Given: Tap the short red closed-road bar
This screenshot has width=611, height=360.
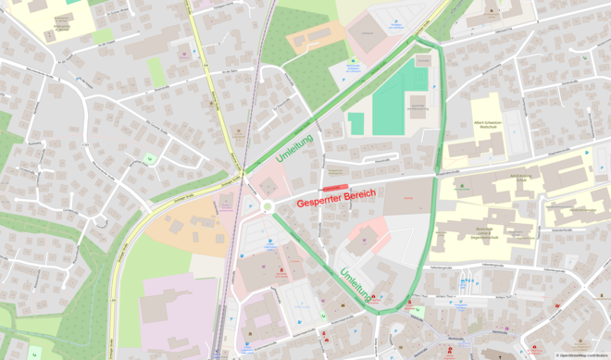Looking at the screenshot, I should click(x=334, y=188).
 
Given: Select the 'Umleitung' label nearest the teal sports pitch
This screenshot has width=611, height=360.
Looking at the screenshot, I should click(x=294, y=149).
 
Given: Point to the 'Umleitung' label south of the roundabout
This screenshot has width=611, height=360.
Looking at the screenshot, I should click(x=357, y=285).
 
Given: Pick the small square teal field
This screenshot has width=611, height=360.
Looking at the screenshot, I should click(x=356, y=122).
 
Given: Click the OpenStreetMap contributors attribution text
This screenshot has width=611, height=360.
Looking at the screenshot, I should click(x=581, y=355).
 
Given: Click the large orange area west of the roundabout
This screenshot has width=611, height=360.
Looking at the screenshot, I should click(x=185, y=227).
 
